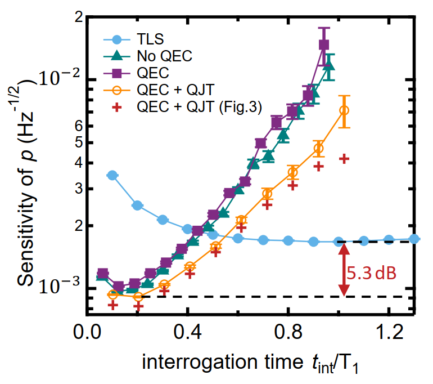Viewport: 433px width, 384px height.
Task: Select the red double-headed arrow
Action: click(x=344, y=269)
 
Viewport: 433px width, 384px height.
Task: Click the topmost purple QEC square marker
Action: click(x=324, y=44)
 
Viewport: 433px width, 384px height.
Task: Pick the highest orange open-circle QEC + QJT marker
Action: click(x=345, y=110)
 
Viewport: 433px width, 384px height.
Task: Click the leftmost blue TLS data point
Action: click(x=112, y=176)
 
